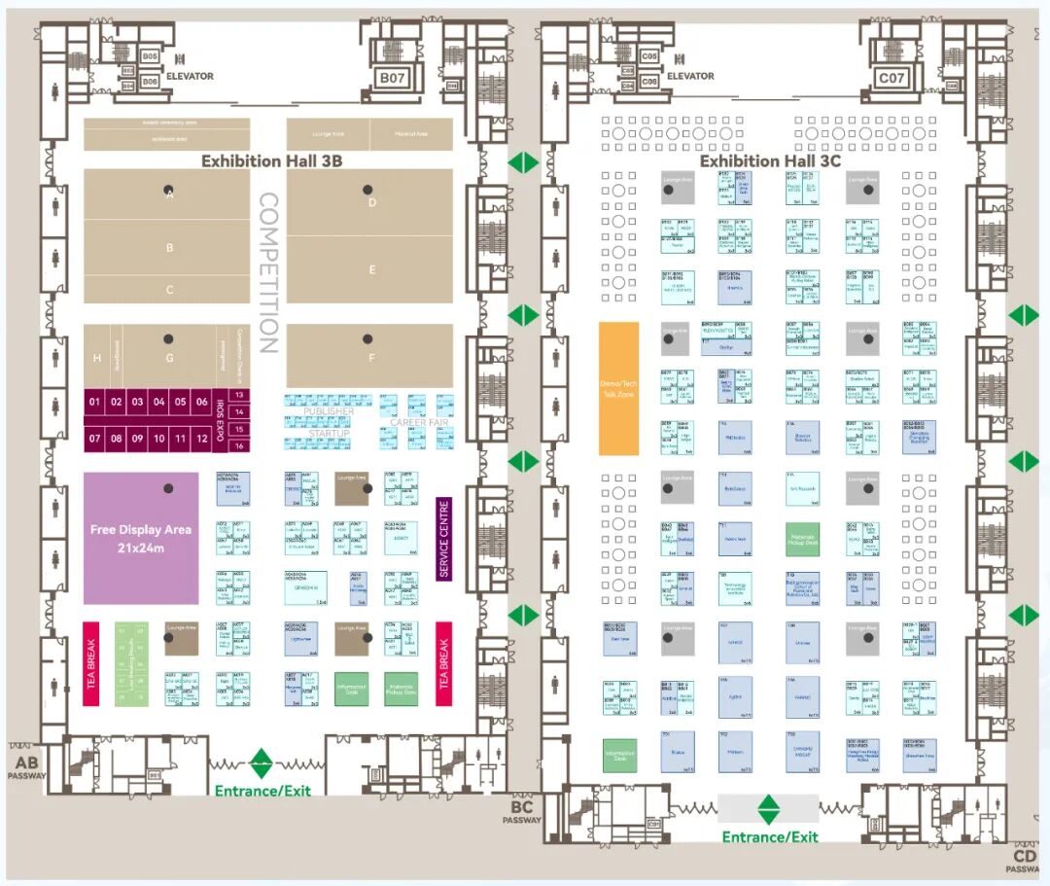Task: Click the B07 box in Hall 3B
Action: (x=392, y=77)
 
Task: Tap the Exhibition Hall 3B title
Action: (x=271, y=160)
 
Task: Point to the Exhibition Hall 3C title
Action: (x=770, y=160)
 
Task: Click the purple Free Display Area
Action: (x=141, y=538)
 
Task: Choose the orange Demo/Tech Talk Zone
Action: (x=618, y=388)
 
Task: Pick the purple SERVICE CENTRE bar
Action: (x=444, y=539)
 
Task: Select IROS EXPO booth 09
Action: (x=137, y=439)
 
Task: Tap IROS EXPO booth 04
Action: (x=158, y=402)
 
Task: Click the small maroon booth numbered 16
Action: (x=238, y=445)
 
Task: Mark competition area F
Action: (x=371, y=356)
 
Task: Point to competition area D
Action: (x=371, y=202)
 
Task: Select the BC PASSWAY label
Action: (x=522, y=812)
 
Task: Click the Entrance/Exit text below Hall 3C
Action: (x=769, y=836)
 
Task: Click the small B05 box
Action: (x=150, y=56)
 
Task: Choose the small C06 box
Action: (x=649, y=82)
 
